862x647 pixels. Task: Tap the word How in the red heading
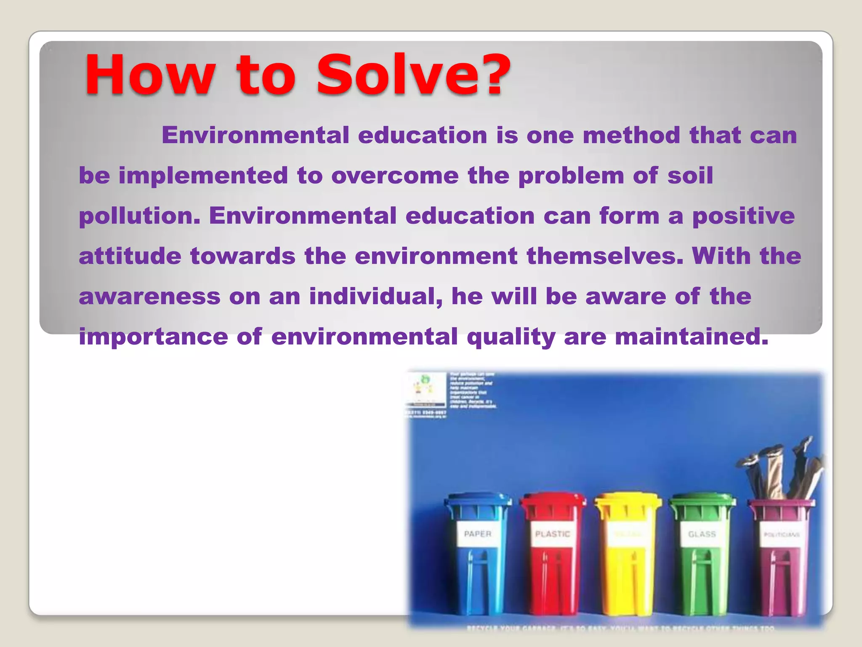pos(149,75)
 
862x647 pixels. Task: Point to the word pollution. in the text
pos(139,217)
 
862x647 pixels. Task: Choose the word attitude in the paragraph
pos(130,256)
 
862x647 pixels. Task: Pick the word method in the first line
pos(631,136)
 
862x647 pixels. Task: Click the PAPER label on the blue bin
pos(478,534)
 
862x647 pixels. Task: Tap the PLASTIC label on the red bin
pos(552,534)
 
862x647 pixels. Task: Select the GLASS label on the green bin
pos(702,534)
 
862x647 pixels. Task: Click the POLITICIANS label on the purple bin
pos(781,535)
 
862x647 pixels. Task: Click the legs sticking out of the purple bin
pos(779,472)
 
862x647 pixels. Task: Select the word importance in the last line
pos(153,337)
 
